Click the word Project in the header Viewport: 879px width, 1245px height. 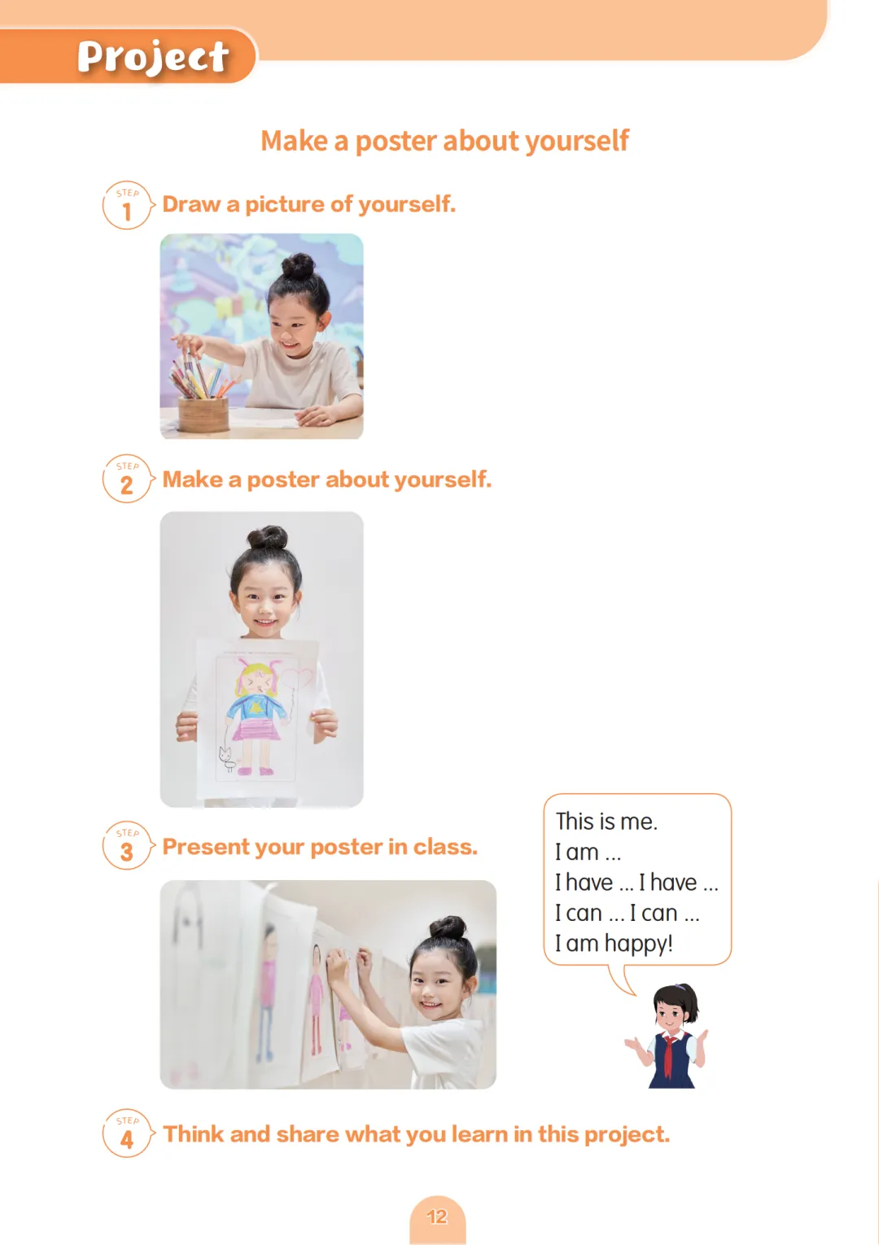coord(153,57)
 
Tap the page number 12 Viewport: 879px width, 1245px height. coord(437,1217)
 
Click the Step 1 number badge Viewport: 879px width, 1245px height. coord(128,205)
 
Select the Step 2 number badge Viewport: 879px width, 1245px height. coord(128,479)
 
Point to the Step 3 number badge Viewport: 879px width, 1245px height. coord(128,845)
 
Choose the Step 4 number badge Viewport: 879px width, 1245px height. coord(128,1133)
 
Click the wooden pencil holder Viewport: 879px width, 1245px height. coord(203,414)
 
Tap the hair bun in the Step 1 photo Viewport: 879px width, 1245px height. coord(299,266)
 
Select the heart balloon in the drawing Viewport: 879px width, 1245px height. coord(297,678)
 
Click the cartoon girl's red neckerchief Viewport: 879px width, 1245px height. coord(671,1049)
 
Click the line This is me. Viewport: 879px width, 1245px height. coord(606,822)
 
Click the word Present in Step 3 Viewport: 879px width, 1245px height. coord(206,847)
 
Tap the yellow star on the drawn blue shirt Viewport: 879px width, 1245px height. coord(256,708)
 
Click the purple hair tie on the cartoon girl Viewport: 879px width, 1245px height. coord(680,987)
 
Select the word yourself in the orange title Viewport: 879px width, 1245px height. coord(577,141)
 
